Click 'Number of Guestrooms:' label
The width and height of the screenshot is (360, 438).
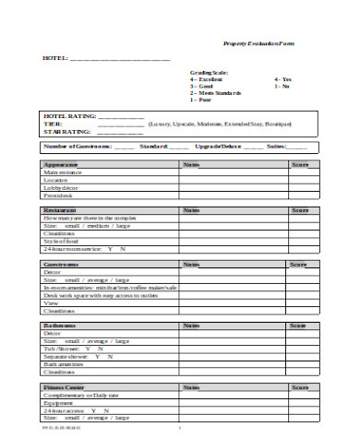tap(78, 147)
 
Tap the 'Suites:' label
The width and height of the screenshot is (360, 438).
tap(276, 147)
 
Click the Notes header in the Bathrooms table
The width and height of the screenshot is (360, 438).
tap(192, 326)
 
